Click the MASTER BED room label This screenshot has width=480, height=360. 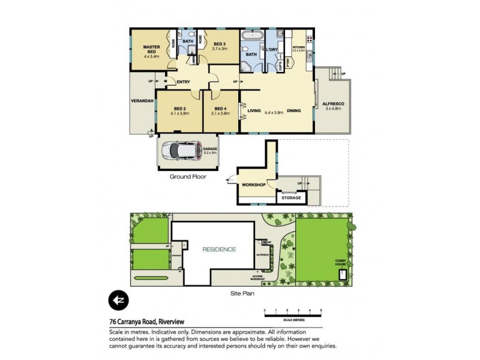tap(151, 50)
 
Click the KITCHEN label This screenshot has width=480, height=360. tap(299, 47)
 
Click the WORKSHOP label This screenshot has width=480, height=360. tap(254, 184)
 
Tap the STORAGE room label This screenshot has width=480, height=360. tap(292, 197)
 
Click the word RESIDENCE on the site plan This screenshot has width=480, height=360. tap(218, 249)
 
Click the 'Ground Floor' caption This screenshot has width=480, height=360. tap(188, 176)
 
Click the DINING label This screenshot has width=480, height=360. tap(293, 110)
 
